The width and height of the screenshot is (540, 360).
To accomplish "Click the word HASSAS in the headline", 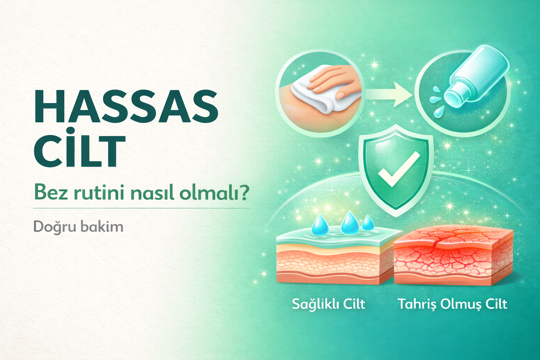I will pyautogui.click(x=126, y=106).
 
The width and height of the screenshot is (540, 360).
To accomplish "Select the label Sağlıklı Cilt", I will pyautogui.click(x=328, y=304).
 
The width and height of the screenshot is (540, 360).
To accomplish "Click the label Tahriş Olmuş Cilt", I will pyautogui.click(x=452, y=304).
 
